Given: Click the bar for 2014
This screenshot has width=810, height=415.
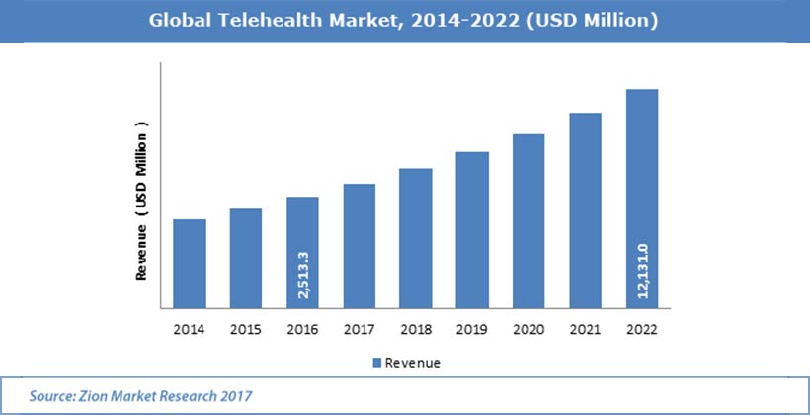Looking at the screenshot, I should (190, 263).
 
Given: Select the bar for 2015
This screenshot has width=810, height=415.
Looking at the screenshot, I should (246, 258).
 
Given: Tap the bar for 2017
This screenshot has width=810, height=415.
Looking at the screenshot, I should (360, 245).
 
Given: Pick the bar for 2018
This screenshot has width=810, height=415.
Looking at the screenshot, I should (416, 237).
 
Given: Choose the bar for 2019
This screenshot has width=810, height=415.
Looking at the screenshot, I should (473, 229).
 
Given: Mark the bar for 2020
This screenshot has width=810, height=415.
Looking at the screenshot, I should (529, 220).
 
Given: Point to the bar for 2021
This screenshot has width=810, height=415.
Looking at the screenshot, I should (586, 209).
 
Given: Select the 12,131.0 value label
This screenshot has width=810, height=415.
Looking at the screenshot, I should (643, 271).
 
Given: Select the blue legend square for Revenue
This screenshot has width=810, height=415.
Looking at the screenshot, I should (376, 363).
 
